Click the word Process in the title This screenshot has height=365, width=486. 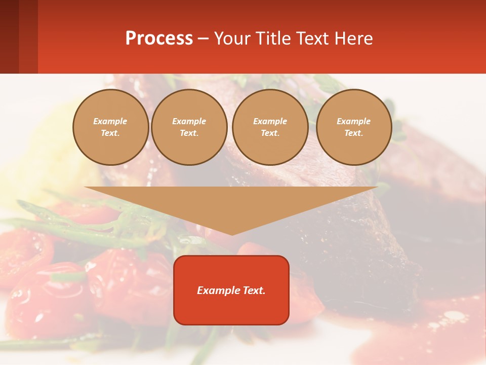point(159,39)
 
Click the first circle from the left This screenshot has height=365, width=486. point(111,127)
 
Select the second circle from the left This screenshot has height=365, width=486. point(189,127)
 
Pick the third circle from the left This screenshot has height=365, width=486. point(270,127)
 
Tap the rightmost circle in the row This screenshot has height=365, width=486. point(354,127)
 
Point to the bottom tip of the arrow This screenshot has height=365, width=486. point(232,234)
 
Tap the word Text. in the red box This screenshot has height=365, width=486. point(253,290)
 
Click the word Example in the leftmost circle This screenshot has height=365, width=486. point(110,121)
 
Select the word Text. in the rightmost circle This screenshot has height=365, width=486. point(354,133)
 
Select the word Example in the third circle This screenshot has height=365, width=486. point(270,121)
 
